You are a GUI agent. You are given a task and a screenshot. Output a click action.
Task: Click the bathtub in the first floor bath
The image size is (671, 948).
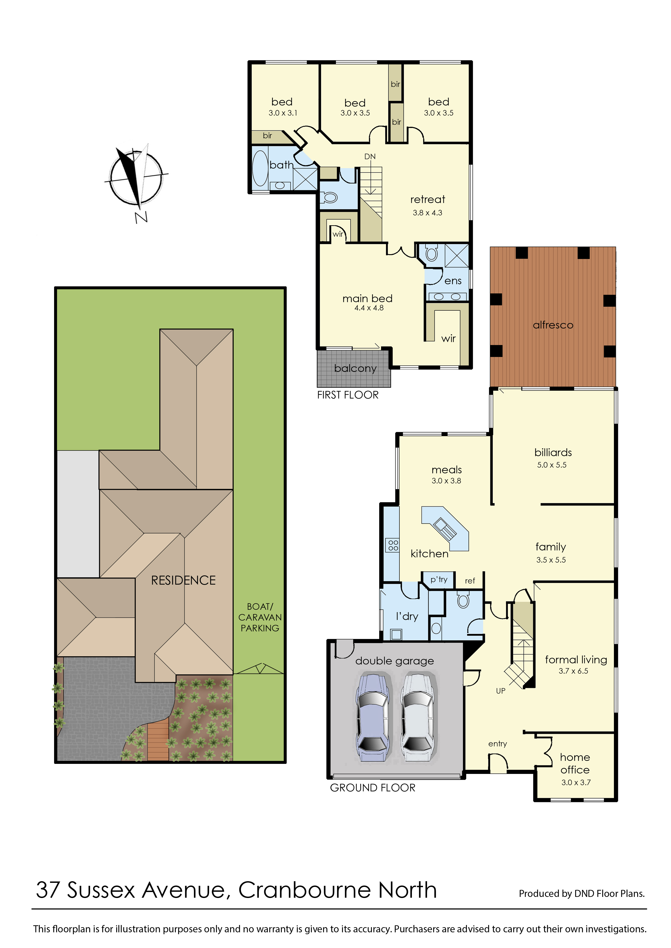click(260, 168)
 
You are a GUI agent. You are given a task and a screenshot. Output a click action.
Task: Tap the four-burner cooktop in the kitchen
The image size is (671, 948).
click(393, 545)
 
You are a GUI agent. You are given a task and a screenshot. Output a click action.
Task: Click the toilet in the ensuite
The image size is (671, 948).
click(431, 253)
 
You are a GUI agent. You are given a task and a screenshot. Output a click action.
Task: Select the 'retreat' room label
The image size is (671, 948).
click(428, 200)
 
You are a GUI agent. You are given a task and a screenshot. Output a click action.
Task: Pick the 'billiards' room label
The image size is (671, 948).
click(553, 452)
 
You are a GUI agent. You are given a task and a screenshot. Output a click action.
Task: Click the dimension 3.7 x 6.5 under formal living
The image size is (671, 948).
click(573, 671)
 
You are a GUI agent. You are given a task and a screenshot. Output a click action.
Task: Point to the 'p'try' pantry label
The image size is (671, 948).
click(439, 579)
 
